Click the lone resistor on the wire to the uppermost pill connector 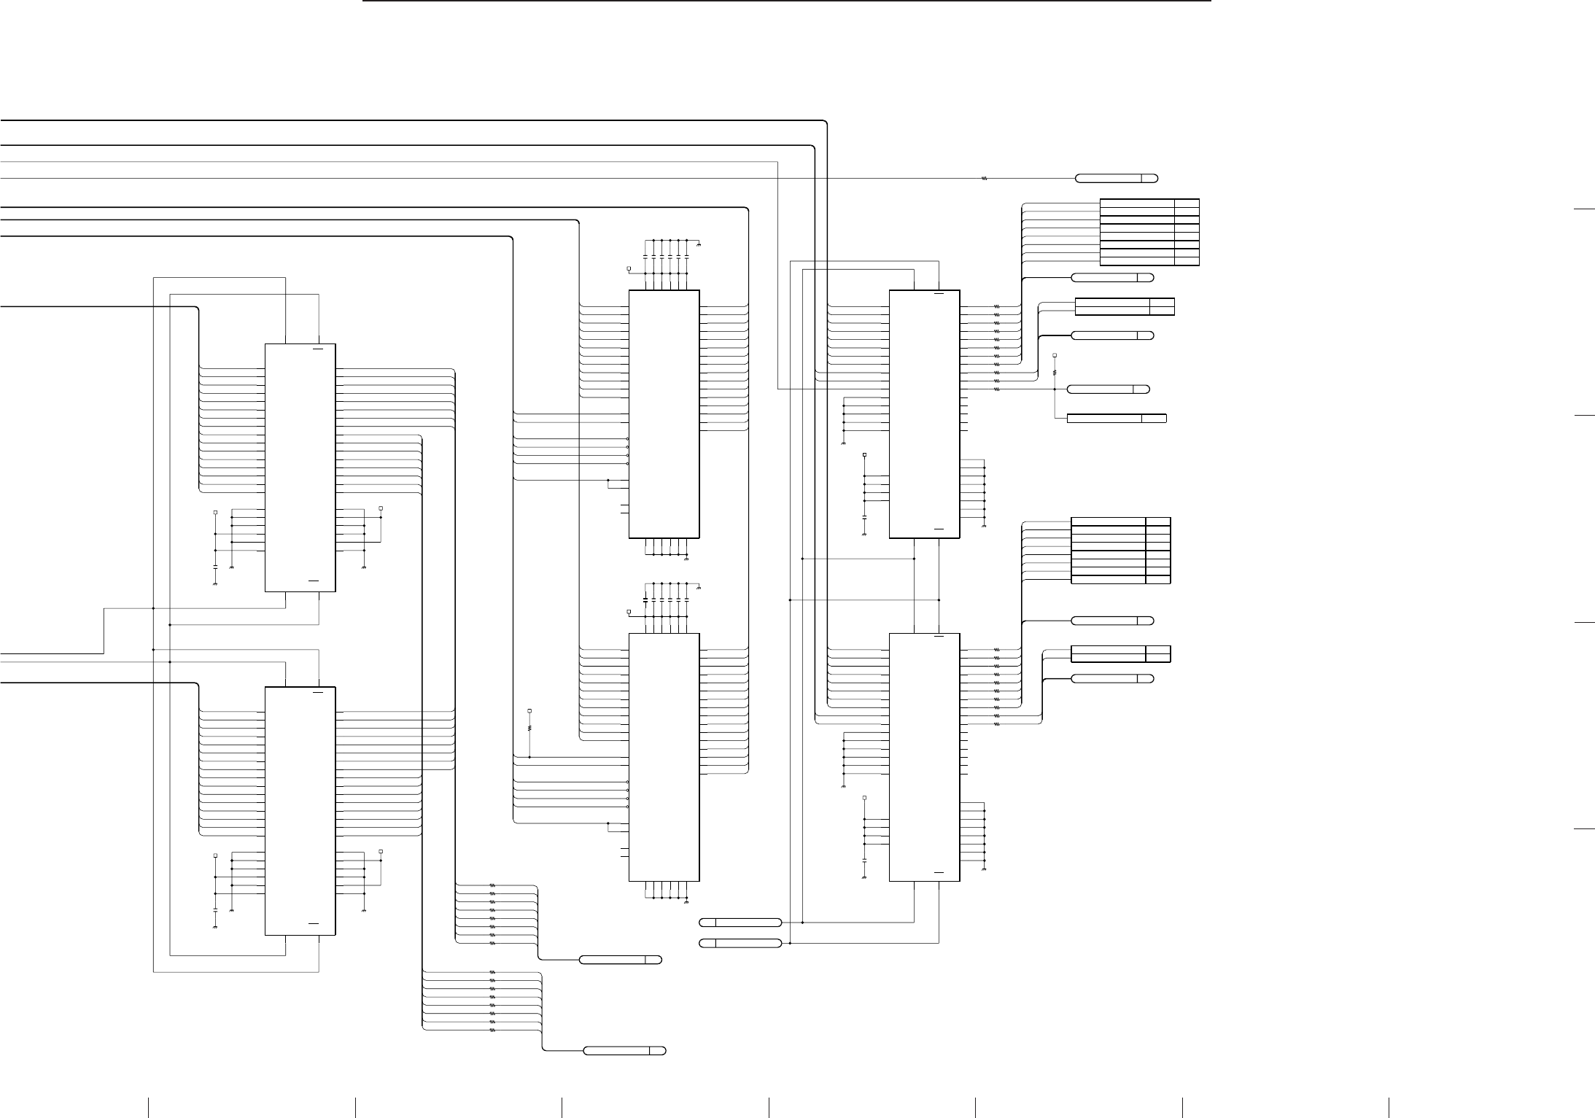pyautogui.click(x=985, y=179)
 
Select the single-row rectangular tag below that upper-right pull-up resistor pyautogui.click(x=1116, y=418)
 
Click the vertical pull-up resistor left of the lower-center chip pyautogui.click(x=530, y=727)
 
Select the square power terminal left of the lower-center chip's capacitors pyautogui.click(x=629, y=611)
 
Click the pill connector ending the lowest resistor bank pyautogui.click(x=624, y=1051)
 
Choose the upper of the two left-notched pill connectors pyautogui.click(x=740, y=923)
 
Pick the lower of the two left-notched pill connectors pyautogui.click(x=740, y=944)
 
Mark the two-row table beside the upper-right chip pyautogui.click(x=1125, y=306)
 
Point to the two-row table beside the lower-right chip pyautogui.click(x=1120, y=653)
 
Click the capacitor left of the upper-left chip pyautogui.click(x=215, y=566)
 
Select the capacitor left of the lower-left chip pyautogui.click(x=215, y=909)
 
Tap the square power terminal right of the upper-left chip pyautogui.click(x=381, y=508)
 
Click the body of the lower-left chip pyautogui.click(x=300, y=810)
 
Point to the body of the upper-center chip pyautogui.click(x=664, y=414)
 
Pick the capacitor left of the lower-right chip pyautogui.click(x=864, y=861)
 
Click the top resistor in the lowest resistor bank pyautogui.click(x=492, y=972)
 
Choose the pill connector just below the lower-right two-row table pyautogui.click(x=1112, y=679)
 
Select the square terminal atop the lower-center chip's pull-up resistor pyautogui.click(x=530, y=710)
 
